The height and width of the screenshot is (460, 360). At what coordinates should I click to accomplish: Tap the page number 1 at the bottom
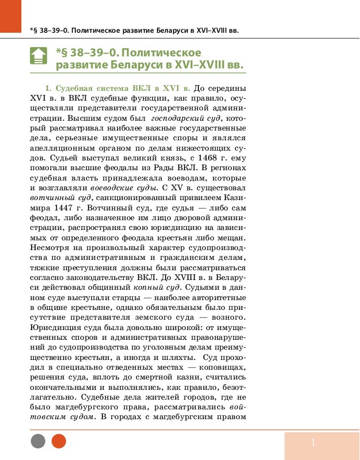point(313,443)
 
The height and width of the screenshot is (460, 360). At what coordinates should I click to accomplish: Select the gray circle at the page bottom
point(38,441)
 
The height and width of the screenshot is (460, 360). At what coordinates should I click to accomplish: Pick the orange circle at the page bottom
point(59,441)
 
